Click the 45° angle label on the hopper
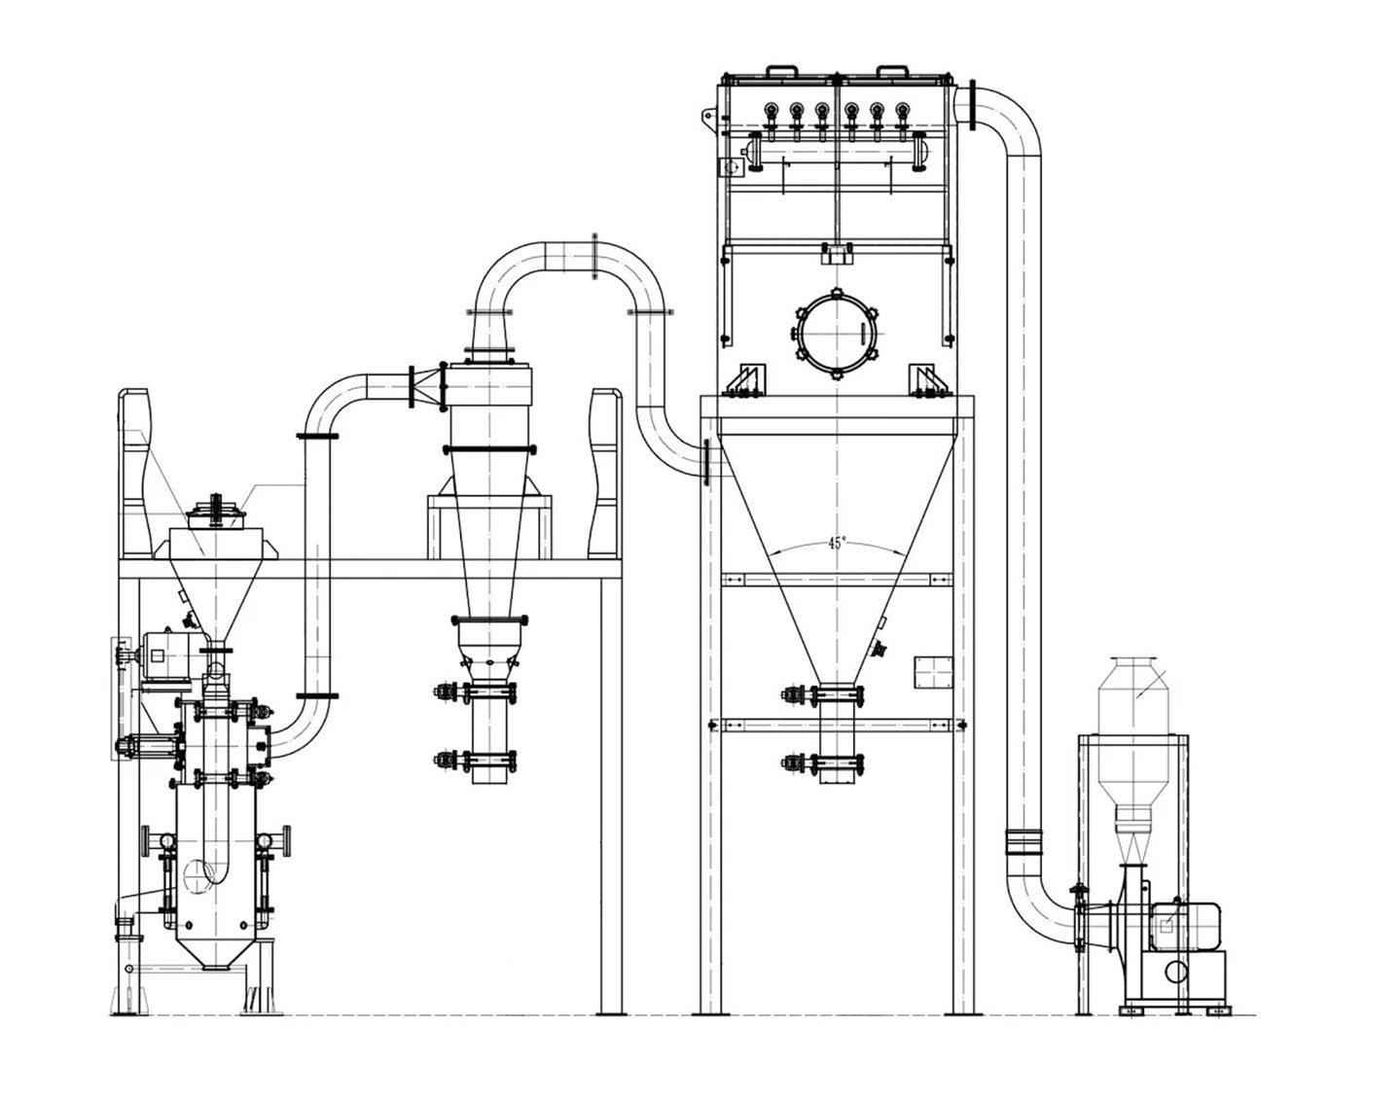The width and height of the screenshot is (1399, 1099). click(836, 544)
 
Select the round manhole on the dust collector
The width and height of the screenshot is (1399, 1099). click(837, 334)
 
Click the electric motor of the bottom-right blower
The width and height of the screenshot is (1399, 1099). click(1185, 927)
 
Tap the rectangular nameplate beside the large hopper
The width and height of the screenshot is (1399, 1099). click(934, 673)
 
